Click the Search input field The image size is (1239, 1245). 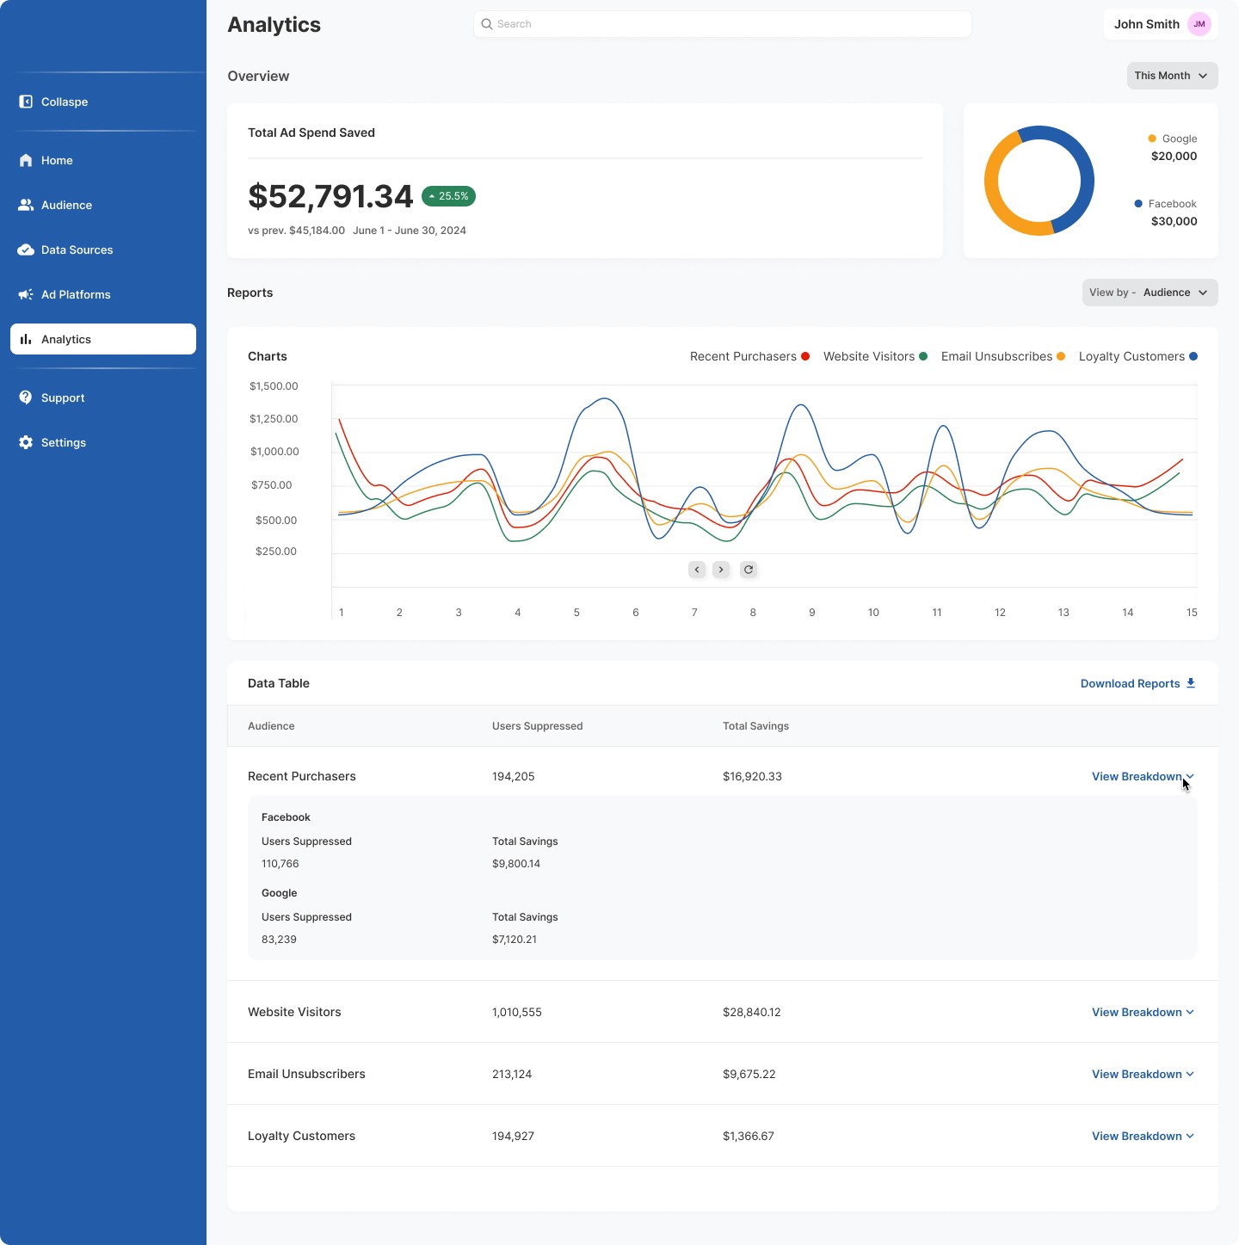point(723,24)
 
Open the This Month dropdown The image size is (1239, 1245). point(1172,76)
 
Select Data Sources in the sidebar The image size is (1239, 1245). point(77,250)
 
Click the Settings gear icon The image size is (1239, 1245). point(26,442)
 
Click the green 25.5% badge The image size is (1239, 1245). point(448,196)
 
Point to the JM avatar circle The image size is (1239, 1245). point(1199,24)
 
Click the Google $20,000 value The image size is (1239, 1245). point(1174,157)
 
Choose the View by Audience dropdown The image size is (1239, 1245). point(1150,293)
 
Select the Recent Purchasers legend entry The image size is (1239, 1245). point(749,356)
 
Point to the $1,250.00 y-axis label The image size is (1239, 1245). point(274,419)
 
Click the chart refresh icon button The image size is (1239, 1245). point(749,570)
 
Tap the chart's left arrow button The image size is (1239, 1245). point(697,570)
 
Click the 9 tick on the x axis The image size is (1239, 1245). point(811,613)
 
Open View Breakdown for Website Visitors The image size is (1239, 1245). point(1142,1012)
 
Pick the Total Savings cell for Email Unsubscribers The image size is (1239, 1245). point(749,1074)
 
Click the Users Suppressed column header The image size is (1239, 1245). point(537,726)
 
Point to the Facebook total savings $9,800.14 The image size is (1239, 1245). point(516,864)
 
